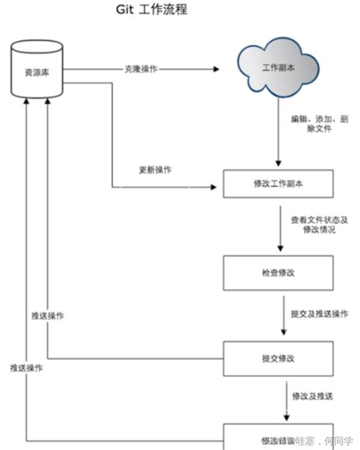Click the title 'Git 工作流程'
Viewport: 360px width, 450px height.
pos(150,11)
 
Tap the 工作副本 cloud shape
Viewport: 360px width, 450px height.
pos(276,69)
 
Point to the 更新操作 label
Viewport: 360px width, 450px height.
pos(154,169)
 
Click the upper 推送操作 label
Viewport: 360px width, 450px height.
pos(48,316)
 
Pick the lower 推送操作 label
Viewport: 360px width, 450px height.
pos(26,367)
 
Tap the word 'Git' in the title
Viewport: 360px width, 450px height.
pos(125,11)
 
